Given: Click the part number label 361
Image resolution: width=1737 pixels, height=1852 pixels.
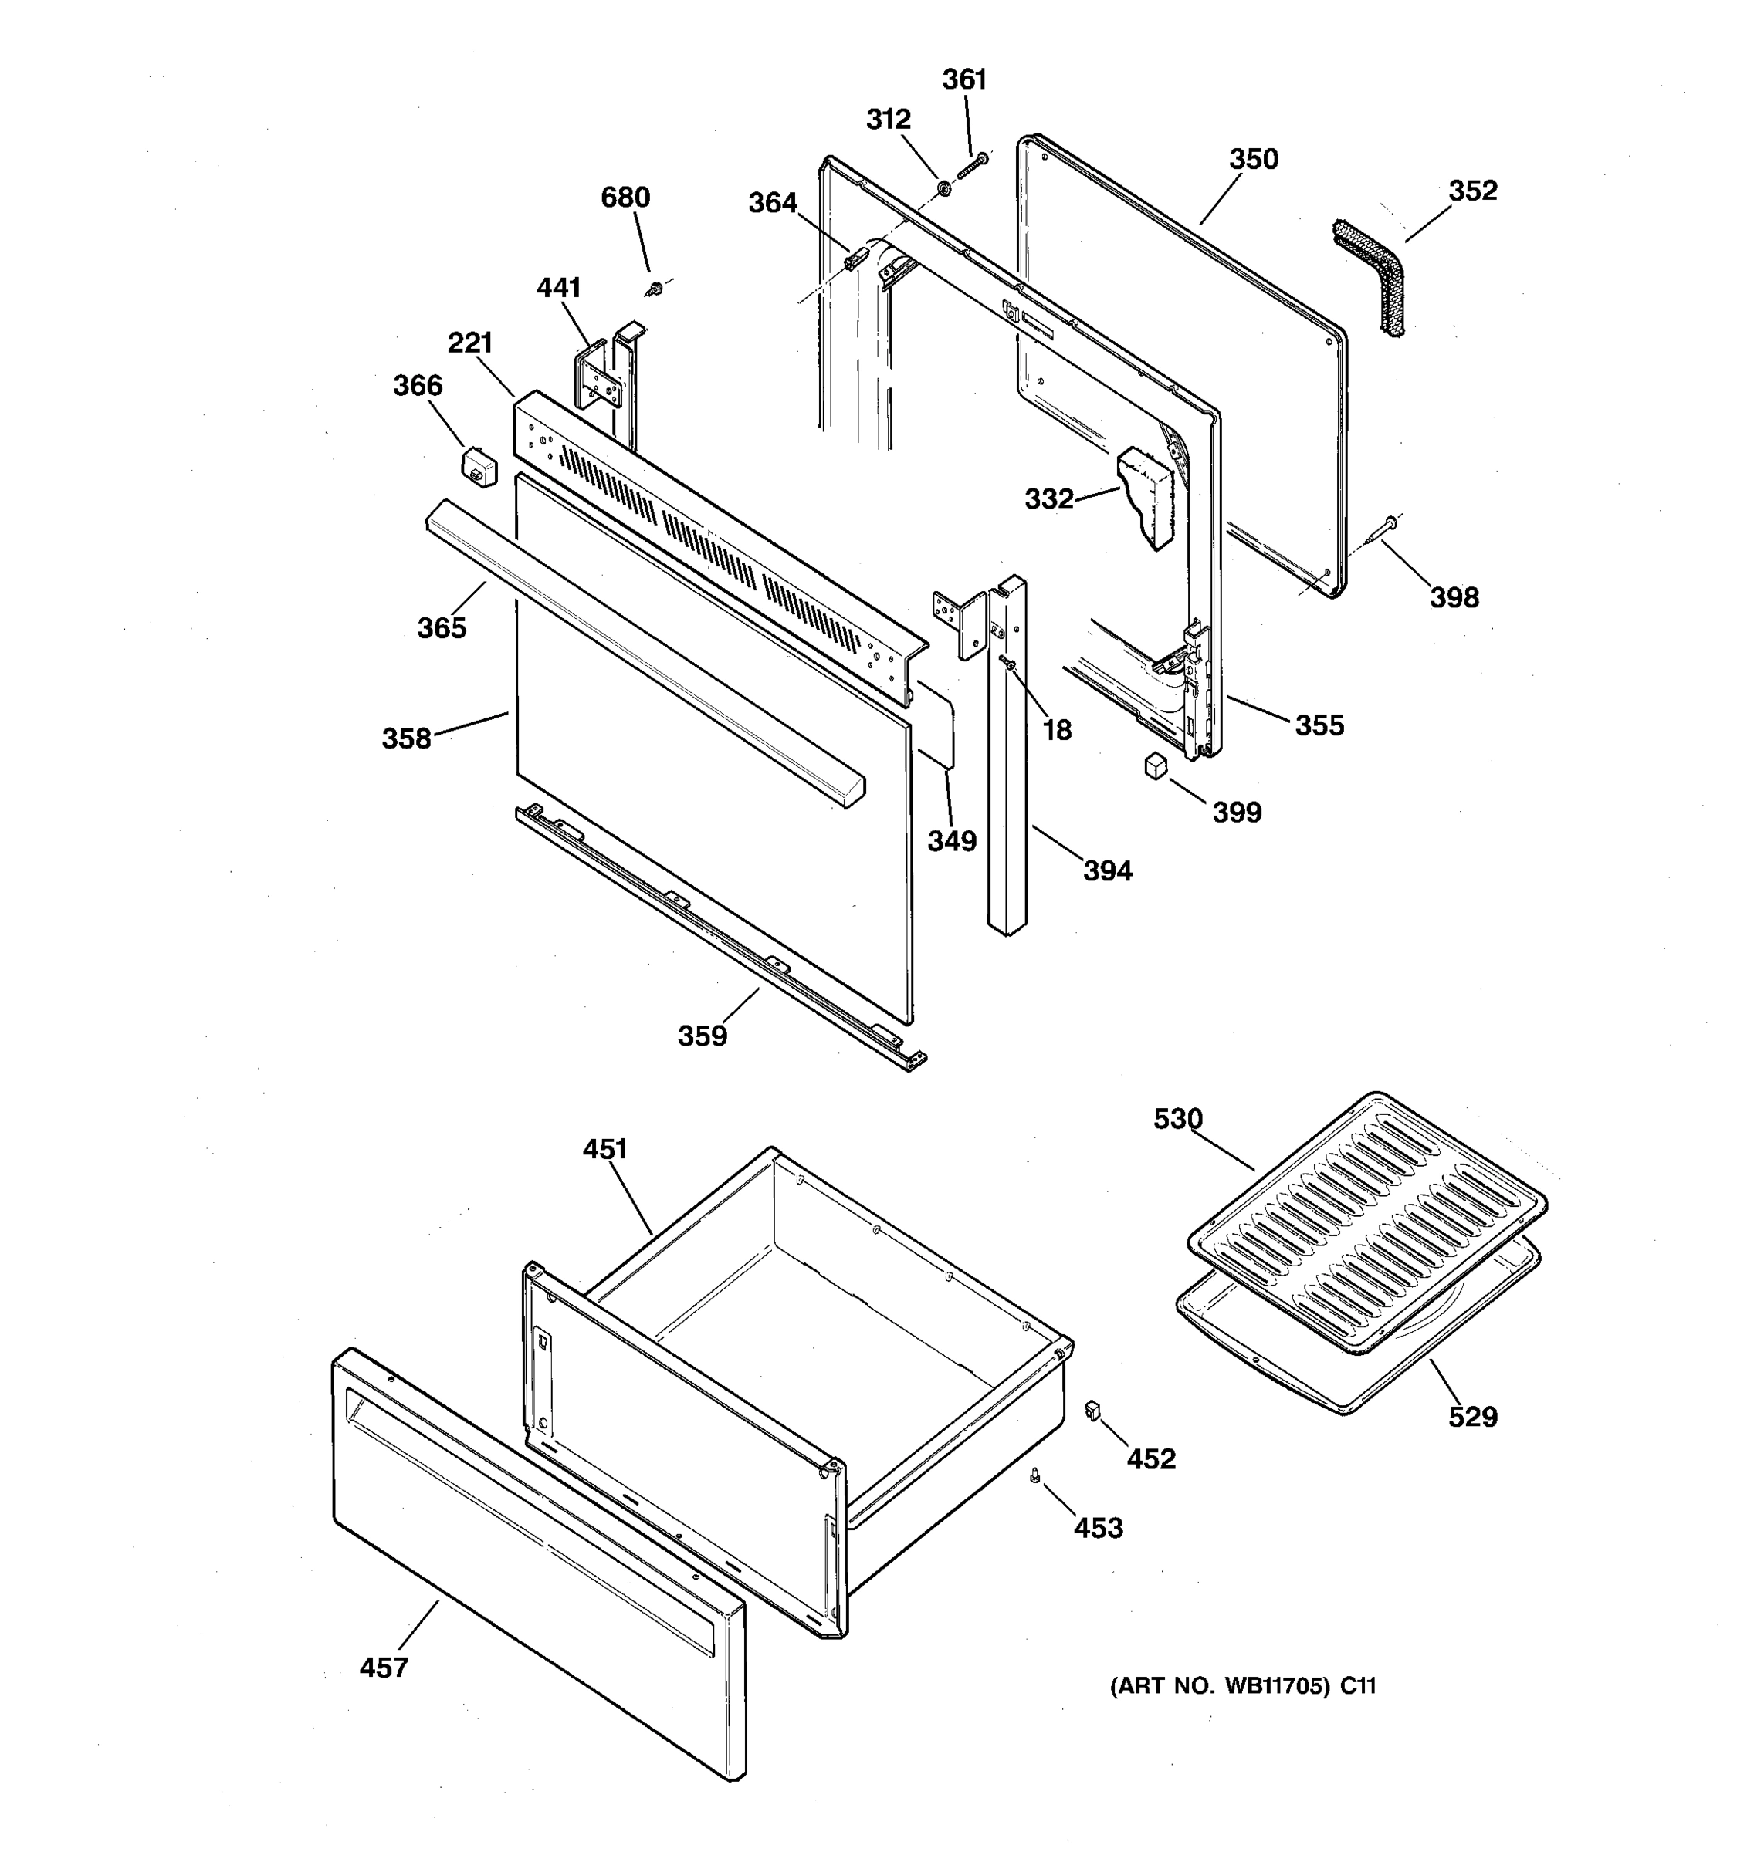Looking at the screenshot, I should [963, 80].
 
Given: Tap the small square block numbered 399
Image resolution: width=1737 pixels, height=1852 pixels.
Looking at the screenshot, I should [1156, 765].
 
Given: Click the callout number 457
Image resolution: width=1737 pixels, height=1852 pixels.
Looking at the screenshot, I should [384, 1668].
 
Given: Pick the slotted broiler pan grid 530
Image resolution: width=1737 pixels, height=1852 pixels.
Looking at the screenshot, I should [1366, 1220].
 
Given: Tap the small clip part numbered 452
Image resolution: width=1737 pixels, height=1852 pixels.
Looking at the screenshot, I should [1093, 1411].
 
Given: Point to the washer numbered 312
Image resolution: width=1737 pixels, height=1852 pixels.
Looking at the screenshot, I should [943, 188].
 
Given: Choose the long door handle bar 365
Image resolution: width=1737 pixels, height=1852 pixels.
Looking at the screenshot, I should [643, 652].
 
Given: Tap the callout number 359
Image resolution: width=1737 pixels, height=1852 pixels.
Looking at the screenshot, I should [702, 1036].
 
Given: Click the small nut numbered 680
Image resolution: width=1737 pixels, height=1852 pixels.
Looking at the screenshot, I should [656, 289].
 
